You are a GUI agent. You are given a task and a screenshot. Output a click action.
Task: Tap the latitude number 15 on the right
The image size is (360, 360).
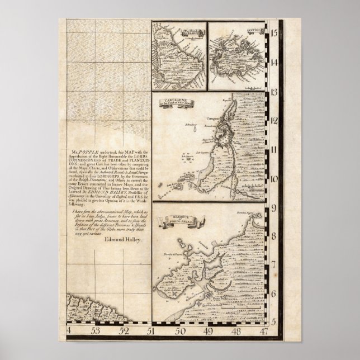point(274,34)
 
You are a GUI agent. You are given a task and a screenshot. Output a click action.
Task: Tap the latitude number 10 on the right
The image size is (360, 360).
point(274,179)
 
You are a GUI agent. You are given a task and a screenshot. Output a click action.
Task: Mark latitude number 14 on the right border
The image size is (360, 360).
point(274,63)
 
